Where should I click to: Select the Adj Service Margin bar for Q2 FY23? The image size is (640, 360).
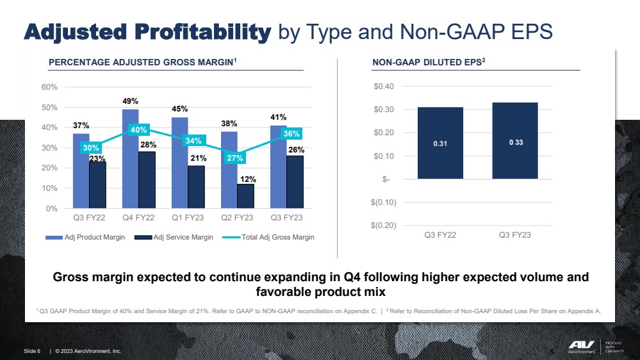(245, 196)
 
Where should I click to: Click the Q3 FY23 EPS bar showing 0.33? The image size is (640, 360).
(514, 140)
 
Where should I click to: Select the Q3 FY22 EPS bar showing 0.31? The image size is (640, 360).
(440, 143)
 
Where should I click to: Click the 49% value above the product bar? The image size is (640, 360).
(131, 101)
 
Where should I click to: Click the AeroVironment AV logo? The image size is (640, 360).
(582, 345)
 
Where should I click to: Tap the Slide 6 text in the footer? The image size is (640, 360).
(33, 351)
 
